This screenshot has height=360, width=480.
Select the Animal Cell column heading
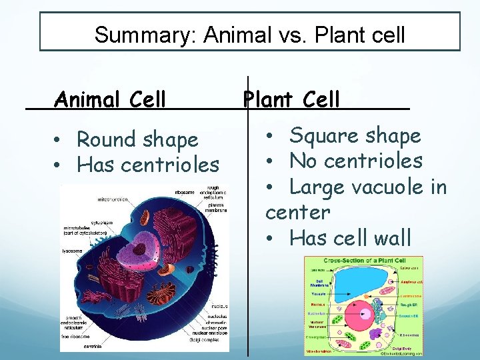(111, 100)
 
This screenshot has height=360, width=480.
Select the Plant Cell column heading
(292, 100)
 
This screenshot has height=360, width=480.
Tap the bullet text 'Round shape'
(137, 140)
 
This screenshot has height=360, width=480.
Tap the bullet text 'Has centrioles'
(148, 164)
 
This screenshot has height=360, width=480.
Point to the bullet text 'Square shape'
(355, 136)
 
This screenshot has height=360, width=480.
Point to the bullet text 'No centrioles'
(356, 161)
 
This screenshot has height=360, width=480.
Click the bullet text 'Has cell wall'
(351, 237)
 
